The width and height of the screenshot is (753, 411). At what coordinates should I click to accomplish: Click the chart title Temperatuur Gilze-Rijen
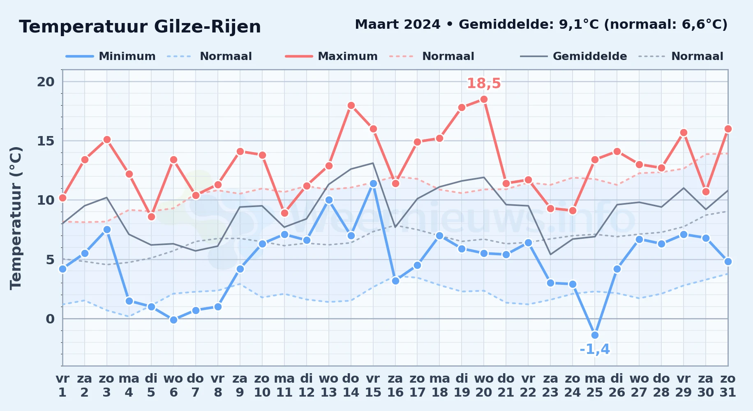click(140, 27)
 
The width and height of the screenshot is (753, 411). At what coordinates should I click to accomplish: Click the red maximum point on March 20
click(484, 99)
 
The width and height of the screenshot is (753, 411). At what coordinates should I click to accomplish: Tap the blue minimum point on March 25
click(595, 335)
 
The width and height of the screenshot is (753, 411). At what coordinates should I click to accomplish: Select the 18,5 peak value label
click(484, 83)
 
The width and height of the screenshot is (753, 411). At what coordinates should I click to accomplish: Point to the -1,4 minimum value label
click(595, 349)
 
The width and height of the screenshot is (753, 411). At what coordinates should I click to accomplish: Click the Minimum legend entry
click(111, 56)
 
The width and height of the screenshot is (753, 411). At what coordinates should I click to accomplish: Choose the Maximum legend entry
click(331, 56)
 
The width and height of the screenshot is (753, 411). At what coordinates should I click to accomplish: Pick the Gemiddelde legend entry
click(574, 56)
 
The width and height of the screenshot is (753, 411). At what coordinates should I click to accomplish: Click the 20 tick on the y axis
click(46, 82)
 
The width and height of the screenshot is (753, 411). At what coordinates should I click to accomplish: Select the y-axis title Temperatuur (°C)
click(16, 218)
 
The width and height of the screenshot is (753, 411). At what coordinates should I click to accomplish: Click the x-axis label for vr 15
click(373, 385)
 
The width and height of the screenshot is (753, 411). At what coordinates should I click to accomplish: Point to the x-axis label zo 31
click(728, 385)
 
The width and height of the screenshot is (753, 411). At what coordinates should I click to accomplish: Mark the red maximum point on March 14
click(351, 106)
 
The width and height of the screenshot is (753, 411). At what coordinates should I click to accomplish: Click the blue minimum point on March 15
click(373, 184)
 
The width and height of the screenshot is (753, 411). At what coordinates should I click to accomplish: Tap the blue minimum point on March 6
click(173, 320)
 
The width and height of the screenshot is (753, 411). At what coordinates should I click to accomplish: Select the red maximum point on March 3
click(107, 140)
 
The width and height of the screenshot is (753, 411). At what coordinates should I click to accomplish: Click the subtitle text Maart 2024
click(397, 25)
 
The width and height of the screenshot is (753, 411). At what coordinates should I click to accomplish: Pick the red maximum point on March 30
click(706, 192)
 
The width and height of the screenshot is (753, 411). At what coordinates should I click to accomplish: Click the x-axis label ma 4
click(129, 385)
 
